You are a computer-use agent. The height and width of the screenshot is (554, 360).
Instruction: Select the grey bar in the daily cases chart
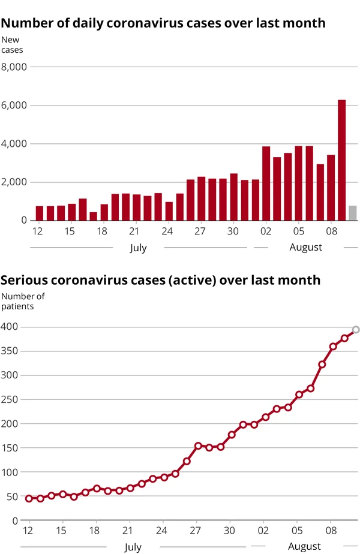352,213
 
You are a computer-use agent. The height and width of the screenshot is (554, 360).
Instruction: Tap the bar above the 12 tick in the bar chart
40,213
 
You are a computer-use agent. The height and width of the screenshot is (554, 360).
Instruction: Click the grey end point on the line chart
356,329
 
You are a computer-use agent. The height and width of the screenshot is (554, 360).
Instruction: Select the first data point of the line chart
29,498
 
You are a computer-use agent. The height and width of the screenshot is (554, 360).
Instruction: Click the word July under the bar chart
138,247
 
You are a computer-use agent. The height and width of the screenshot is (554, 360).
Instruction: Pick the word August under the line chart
304,546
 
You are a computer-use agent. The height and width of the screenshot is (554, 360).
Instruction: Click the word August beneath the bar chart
305,247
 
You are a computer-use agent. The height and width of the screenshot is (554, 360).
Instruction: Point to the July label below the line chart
133,547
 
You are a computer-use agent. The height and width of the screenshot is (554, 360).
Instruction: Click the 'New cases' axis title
12,45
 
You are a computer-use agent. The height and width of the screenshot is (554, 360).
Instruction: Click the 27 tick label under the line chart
196,531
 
